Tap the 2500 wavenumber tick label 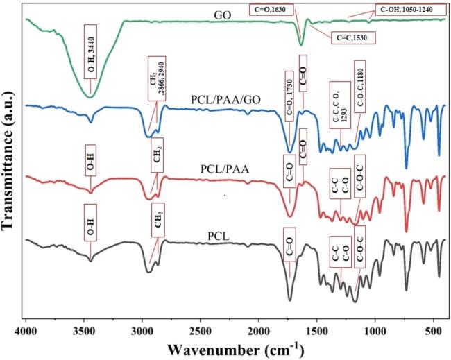(x=201, y=323)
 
